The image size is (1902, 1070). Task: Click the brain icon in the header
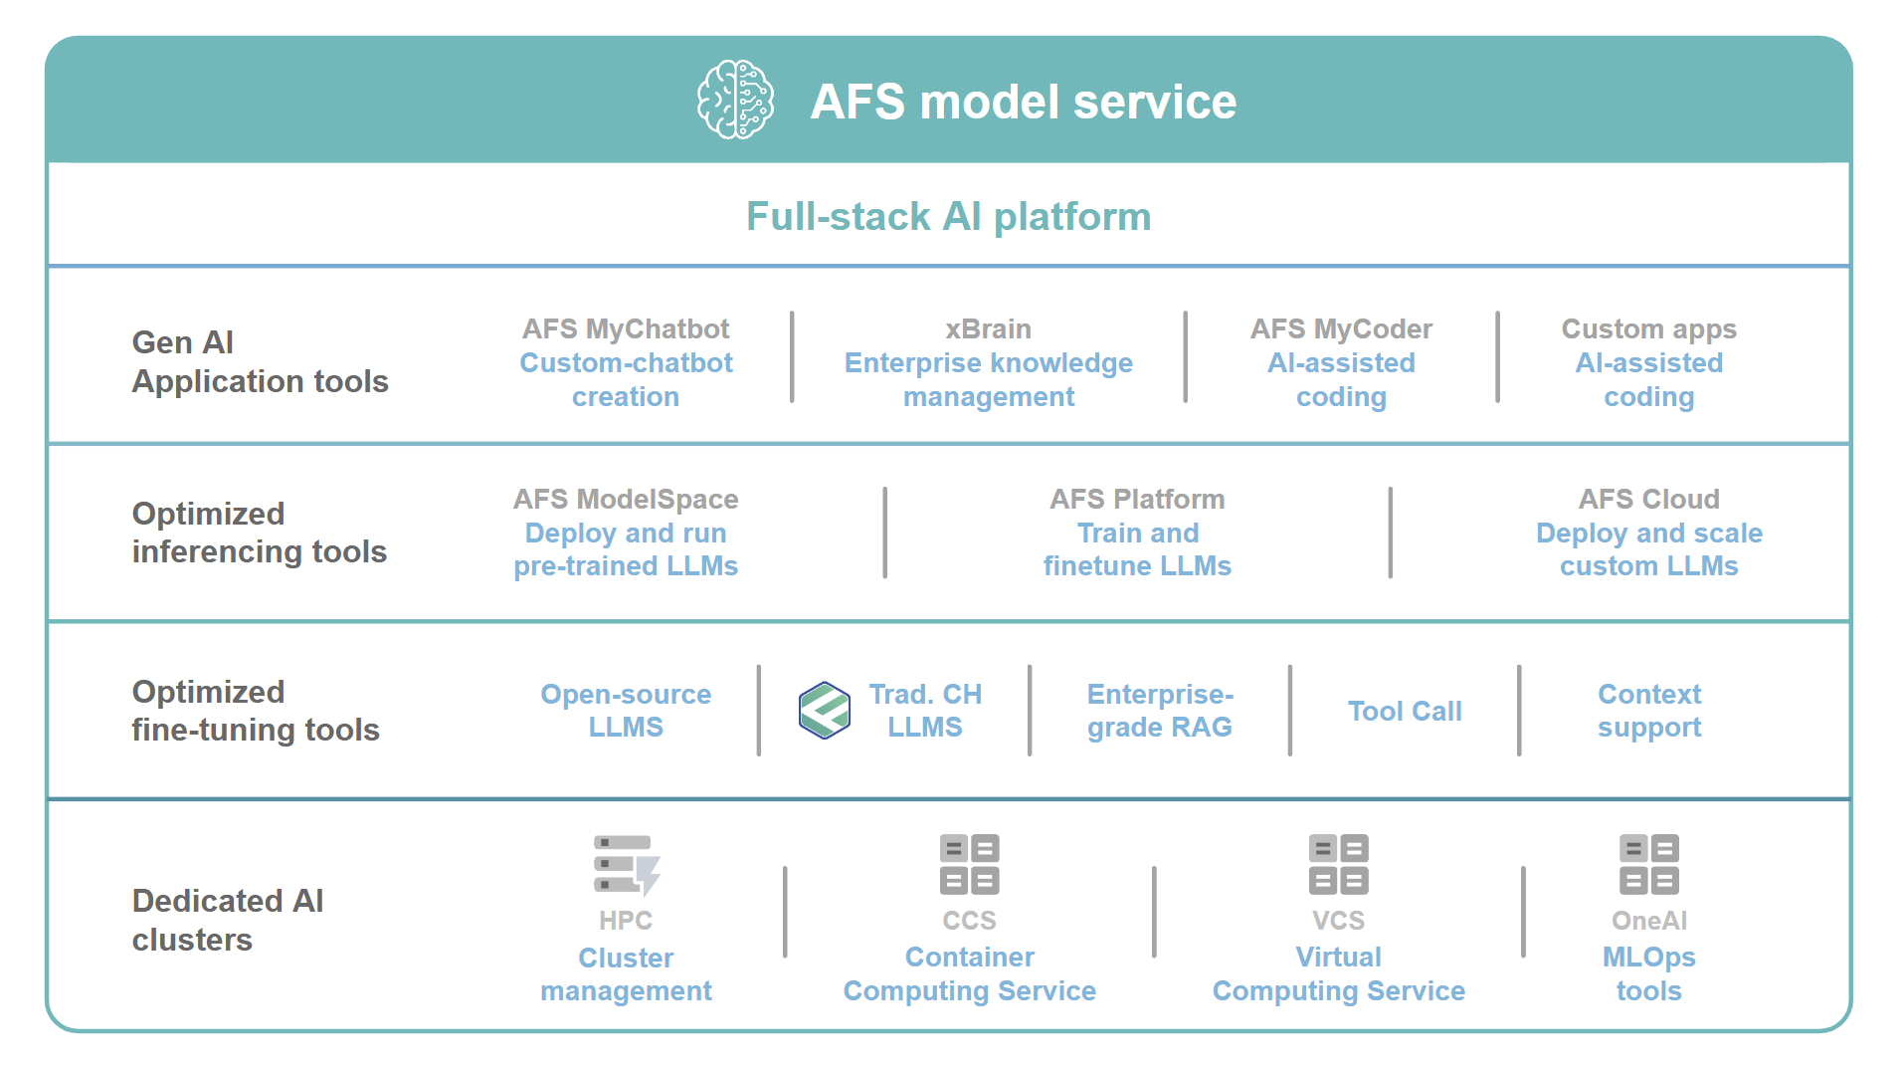[x=735, y=100]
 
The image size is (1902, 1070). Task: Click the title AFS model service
[x=1023, y=102]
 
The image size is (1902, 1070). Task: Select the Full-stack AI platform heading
[x=948, y=216]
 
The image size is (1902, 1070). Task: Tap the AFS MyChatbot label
[x=626, y=328]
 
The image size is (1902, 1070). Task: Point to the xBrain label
[x=988, y=328]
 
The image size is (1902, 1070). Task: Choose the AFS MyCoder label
[x=1341, y=328]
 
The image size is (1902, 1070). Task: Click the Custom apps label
[x=1648, y=328]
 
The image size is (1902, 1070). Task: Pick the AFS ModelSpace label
[x=626, y=499]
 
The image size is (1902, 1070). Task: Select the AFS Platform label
[x=1137, y=499]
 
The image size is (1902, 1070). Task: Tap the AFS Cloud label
[x=1648, y=499]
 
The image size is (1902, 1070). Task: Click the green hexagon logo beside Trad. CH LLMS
[x=825, y=711]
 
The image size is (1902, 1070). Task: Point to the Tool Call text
[x=1405, y=711]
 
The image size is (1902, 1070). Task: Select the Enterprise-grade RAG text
[x=1160, y=711]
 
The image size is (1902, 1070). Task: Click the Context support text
[x=1649, y=711]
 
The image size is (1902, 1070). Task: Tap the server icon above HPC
[x=627, y=865]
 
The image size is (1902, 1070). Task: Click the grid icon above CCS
[x=970, y=864]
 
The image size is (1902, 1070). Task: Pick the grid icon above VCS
[x=1339, y=864]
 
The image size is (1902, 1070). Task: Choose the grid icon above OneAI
[x=1649, y=864]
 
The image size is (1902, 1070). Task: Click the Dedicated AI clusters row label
[x=228, y=920]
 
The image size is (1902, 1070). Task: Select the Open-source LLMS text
[x=626, y=711]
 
